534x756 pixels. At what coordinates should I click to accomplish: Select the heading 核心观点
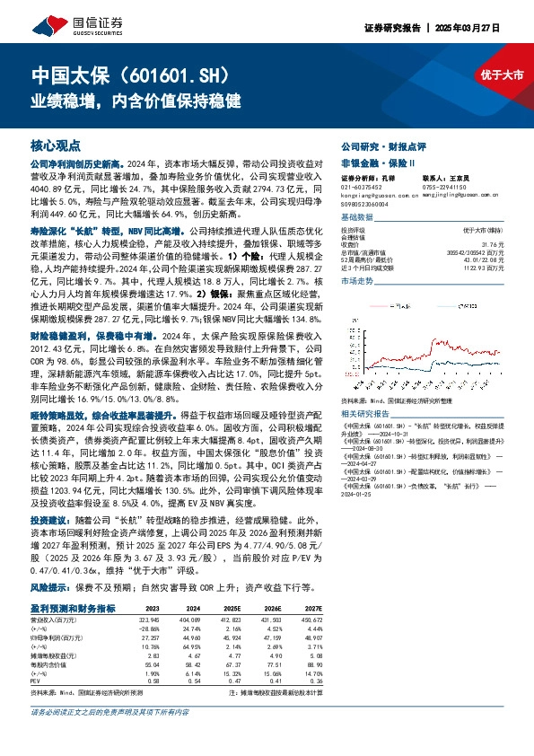coord(57,145)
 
